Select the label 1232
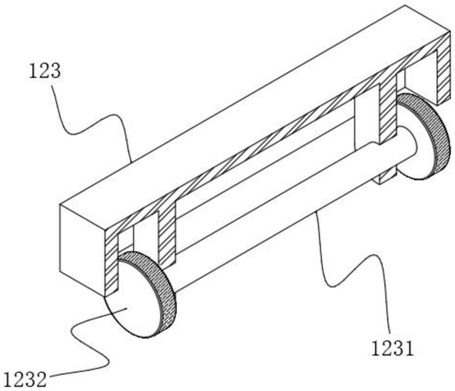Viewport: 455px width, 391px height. [24, 381]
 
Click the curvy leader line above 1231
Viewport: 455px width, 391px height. [358, 267]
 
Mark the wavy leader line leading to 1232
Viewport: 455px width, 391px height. [85, 339]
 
